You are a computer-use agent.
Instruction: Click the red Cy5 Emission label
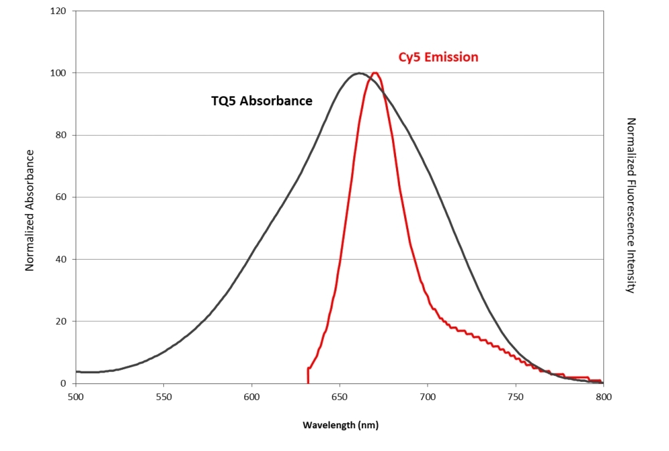point(438,58)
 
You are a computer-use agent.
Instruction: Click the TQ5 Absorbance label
point(262,102)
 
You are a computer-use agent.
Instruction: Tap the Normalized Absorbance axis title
point(29,210)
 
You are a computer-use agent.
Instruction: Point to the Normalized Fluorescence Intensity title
point(630,205)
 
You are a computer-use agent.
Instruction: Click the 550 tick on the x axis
point(164,397)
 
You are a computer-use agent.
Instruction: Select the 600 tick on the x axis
point(252,397)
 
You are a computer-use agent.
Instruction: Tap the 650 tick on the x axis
point(340,397)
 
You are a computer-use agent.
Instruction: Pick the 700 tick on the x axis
point(427,397)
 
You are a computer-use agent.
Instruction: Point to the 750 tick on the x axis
point(516,397)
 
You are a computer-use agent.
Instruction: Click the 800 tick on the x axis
point(603,397)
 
